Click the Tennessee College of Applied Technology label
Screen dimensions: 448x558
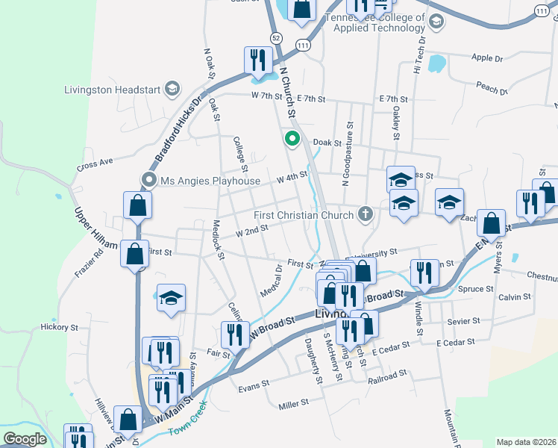tap(378, 23)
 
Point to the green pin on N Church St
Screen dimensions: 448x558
tap(293, 138)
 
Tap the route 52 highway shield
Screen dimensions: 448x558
tap(277, 37)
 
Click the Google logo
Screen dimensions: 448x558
tap(25, 439)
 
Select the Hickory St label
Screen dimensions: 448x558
tap(60, 327)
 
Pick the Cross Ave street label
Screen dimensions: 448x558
tap(94, 162)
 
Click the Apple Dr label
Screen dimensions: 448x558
tap(488, 57)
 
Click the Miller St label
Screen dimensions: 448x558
tap(293, 404)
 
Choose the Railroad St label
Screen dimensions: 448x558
tap(388, 377)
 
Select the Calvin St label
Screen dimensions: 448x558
tap(514, 296)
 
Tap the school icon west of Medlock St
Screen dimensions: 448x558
tap(171, 298)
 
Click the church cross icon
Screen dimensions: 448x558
tap(365, 214)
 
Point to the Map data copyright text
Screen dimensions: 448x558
tap(527, 442)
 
